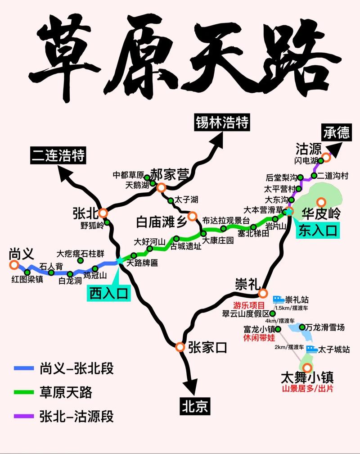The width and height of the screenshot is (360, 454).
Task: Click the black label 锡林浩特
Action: point(222,123)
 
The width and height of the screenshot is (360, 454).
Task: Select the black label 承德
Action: point(336,132)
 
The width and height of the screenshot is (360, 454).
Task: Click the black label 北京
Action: point(195,406)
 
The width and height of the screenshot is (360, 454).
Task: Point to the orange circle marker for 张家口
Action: point(180,347)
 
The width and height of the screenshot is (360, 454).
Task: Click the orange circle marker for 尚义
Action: point(14,265)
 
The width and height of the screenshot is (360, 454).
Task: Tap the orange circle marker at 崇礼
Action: point(263,294)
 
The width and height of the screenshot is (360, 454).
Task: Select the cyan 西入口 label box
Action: point(108,293)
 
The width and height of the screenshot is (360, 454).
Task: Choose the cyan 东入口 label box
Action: point(318,232)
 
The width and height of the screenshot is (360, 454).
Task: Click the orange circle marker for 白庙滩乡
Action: point(193,216)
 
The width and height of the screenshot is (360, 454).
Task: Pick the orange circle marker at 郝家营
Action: point(161,187)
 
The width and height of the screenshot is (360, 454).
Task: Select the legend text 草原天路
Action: point(66,392)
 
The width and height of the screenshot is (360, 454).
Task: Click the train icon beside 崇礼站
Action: point(278,299)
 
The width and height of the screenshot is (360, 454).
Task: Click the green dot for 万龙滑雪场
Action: point(302,327)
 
